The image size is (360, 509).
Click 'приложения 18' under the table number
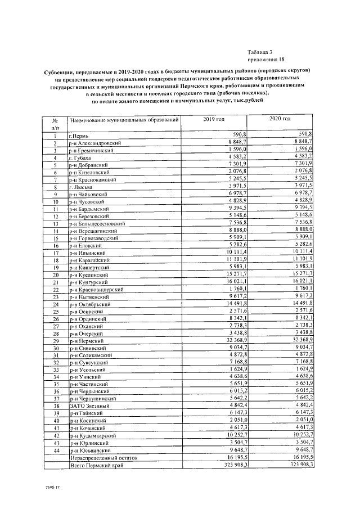(x=266, y=59)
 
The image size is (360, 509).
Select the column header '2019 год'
(x=214, y=120)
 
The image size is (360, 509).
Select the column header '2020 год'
(x=280, y=119)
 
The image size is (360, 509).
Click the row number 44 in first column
(x=56, y=451)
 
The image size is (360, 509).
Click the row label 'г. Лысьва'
(x=80, y=187)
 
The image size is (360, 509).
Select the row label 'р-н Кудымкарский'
(x=92, y=436)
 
